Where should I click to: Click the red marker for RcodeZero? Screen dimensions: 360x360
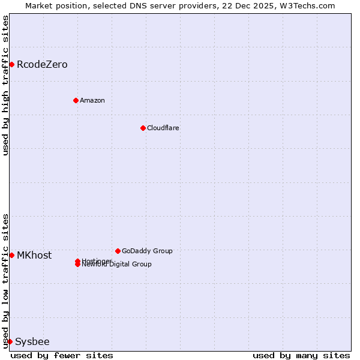pos(11,64)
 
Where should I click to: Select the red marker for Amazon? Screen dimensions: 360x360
pos(76,100)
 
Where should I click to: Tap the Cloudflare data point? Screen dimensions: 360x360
pos(143,128)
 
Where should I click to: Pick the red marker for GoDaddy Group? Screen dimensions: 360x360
pos(118,251)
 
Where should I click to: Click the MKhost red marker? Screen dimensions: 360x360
pos(11,255)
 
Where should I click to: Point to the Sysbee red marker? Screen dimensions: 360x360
pos(10,341)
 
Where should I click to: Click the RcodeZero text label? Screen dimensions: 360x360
pos(42,64)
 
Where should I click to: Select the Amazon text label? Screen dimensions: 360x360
pos(92,100)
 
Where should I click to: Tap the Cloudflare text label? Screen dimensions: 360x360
pos(163,128)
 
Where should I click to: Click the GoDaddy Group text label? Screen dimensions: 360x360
pos(147,251)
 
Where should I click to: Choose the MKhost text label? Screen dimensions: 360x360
pos(34,255)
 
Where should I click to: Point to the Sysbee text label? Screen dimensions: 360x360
pos(32,341)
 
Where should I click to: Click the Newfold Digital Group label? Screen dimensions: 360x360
pos(117,265)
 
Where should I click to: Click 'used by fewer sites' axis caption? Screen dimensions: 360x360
pos(62,355)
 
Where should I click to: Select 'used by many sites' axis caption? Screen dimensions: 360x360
pos(301,355)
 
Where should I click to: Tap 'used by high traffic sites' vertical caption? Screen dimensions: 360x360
pos(5,85)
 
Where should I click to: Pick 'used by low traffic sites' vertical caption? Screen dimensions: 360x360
pos(5,281)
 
